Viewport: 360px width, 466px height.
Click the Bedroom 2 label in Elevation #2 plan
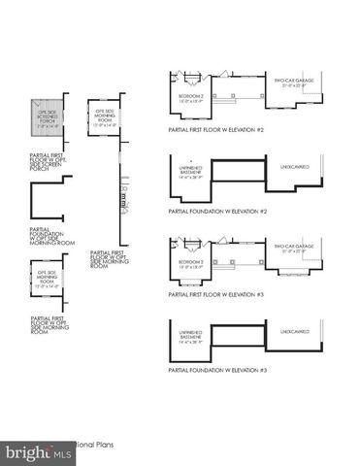pyautogui.click(x=190, y=98)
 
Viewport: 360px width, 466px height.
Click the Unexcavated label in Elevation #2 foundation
pyautogui.click(x=295, y=167)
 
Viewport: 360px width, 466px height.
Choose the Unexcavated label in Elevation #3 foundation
pyautogui.click(x=295, y=331)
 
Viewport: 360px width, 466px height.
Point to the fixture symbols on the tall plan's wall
pyautogui.click(x=123, y=200)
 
